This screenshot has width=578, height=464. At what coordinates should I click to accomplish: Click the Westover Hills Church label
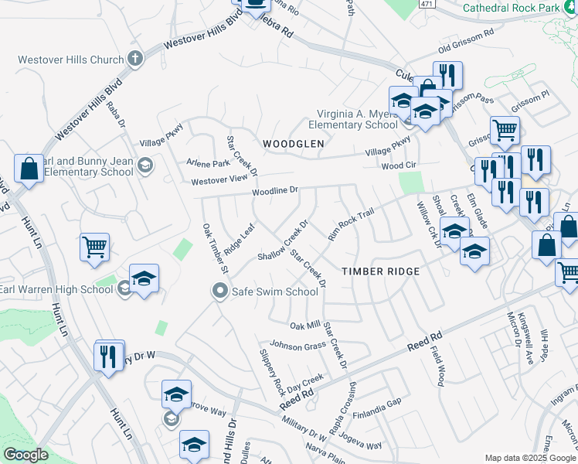pos(70,60)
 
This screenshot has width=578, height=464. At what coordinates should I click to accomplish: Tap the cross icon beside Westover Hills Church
pos(135,58)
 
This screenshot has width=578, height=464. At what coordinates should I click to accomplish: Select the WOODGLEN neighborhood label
pos(292,144)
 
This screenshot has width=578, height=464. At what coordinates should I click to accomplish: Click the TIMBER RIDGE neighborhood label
pos(381,271)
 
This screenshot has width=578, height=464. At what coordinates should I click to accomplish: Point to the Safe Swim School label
pos(275,292)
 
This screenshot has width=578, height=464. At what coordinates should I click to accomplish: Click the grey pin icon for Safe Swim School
pos(220,292)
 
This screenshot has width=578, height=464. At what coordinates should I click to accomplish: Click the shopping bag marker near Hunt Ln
pos(28,169)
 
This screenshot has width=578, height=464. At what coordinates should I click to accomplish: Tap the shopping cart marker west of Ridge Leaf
pos(94,247)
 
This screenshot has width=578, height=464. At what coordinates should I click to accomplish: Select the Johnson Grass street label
pos(297,346)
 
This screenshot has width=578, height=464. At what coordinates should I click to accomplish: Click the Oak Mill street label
pos(304,326)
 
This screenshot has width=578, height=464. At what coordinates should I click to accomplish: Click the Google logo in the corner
pos(26,455)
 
